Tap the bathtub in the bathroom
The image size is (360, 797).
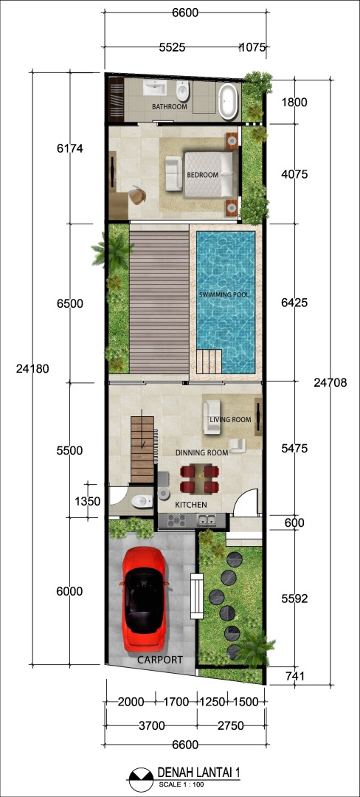point(229,102)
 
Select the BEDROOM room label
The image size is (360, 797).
point(203,175)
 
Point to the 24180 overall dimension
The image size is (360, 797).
point(32,369)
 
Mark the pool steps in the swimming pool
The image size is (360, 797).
point(210,361)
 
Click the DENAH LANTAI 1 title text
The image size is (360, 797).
point(199,773)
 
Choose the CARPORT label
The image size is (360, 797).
point(160,660)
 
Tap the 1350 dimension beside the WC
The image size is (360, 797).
point(87,500)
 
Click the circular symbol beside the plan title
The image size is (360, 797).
point(141,779)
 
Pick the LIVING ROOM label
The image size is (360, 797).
point(230,420)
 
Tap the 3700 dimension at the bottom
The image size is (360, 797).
point(151,726)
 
